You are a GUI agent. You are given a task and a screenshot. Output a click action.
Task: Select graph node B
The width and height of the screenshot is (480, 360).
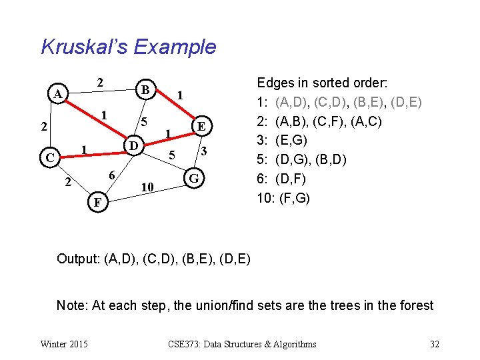[x=145, y=89]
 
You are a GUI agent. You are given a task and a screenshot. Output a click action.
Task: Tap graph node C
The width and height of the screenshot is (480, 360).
[x=49, y=158]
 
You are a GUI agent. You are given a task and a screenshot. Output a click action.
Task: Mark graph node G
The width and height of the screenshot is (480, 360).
[x=193, y=178]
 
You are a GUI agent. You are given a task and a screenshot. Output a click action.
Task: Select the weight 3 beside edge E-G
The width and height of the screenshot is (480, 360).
[x=205, y=152]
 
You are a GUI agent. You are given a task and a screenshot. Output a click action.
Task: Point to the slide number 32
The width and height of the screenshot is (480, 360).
[x=435, y=344]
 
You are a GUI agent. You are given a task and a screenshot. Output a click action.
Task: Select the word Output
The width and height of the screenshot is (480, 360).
[x=77, y=259]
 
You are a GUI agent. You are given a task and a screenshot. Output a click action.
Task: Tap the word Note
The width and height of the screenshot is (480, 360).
[x=71, y=305]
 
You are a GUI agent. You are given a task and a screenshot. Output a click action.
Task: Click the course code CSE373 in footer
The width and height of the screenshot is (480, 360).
[x=185, y=344]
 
